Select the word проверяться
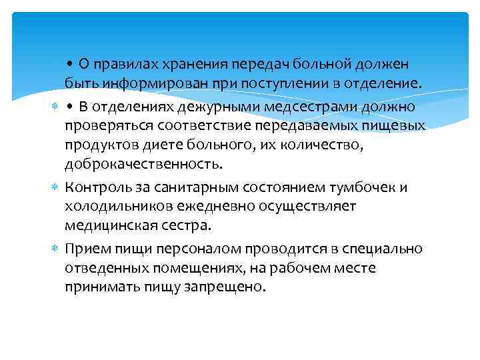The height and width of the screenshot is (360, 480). pos(107,125)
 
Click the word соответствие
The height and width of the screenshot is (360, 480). pos(194,125)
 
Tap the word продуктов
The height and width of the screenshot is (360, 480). pos(100,145)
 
